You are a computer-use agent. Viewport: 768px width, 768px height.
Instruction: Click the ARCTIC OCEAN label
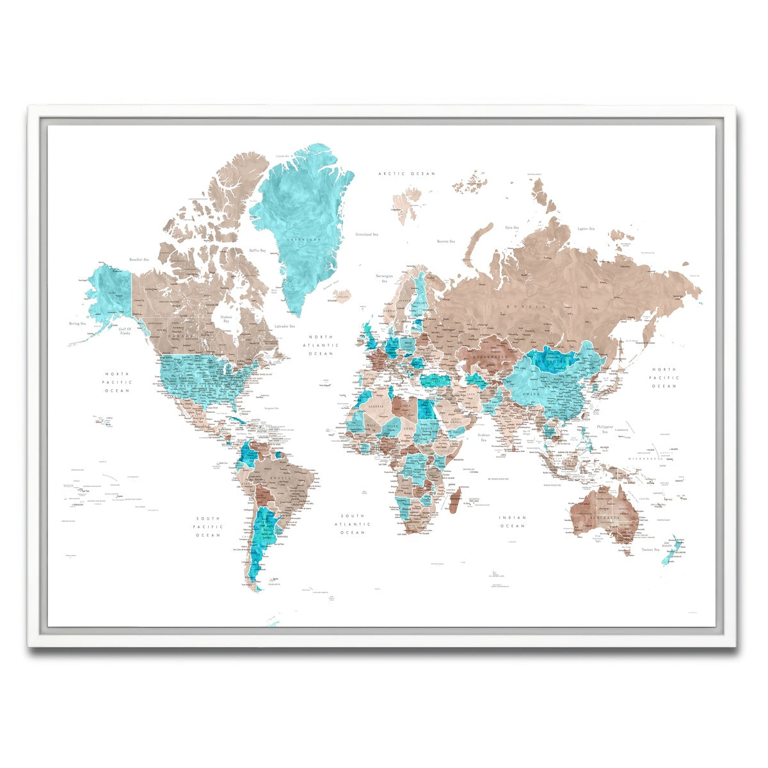point(406,173)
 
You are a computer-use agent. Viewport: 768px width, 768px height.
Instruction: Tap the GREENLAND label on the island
point(304,239)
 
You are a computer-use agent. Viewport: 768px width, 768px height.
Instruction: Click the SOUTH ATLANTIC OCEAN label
point(353,524)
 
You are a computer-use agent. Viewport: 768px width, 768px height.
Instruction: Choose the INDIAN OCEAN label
point(513,522)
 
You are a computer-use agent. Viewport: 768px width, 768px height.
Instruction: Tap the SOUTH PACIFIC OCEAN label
point(208,527)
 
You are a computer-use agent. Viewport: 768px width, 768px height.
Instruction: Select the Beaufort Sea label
point(139,260)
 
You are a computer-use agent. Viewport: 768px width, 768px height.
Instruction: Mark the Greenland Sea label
point(367,235)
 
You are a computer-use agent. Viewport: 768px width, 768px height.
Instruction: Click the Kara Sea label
point(511,227)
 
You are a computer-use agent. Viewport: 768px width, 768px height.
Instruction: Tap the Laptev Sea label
point(586,228)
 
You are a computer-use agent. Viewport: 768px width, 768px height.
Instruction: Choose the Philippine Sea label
point(605,429)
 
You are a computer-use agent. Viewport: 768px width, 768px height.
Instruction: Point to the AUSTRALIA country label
point(604,516)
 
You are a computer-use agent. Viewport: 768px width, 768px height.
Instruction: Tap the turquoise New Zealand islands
point(671,548)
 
